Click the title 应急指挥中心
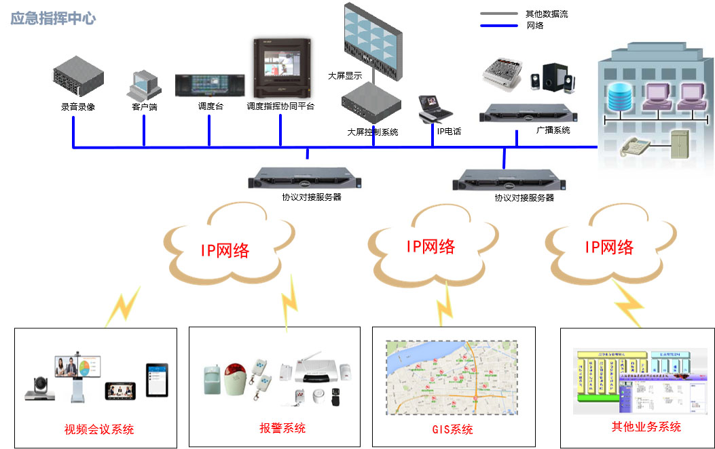click(x=53, y=18)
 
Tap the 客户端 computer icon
click(x=143, y=84)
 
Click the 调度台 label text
click(x=210, y=106)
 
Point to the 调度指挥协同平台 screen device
click(x=280, y=69)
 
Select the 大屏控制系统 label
click(x=372, y=132)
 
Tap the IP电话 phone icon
click(x=435, y=108)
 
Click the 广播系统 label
click(x=553, y=130)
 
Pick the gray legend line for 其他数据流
click(x=498, y=14)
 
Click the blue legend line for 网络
click(x=498, y=26)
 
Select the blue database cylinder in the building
click(x=620, y=96)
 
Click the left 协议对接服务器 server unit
click(x=306, y=179)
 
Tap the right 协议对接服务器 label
click(x=524, y=198)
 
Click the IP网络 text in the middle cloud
click(x=430, y=246)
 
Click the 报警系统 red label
click(x=282, y=428)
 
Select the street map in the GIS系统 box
click(x=452, y=378)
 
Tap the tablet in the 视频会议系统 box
click(x=155, y=380)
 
